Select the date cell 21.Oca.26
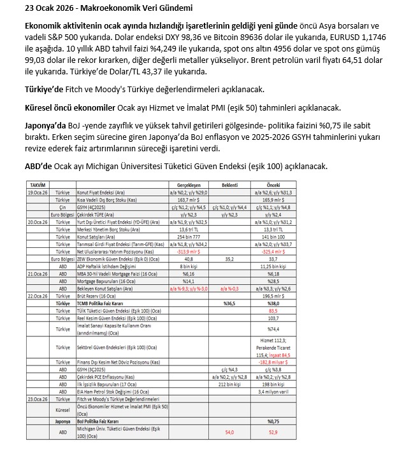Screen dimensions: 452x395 coord(36,273)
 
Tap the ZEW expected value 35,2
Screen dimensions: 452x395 coord(229,259)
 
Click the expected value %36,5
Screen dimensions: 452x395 coord(229,303)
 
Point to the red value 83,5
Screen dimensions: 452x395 coord(273,310)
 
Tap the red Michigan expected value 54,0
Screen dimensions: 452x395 coord(229,432)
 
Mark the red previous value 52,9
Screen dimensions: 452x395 coord(273,432)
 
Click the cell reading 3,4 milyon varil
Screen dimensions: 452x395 coord(273,392)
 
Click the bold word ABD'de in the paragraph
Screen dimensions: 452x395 coord(38,166)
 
